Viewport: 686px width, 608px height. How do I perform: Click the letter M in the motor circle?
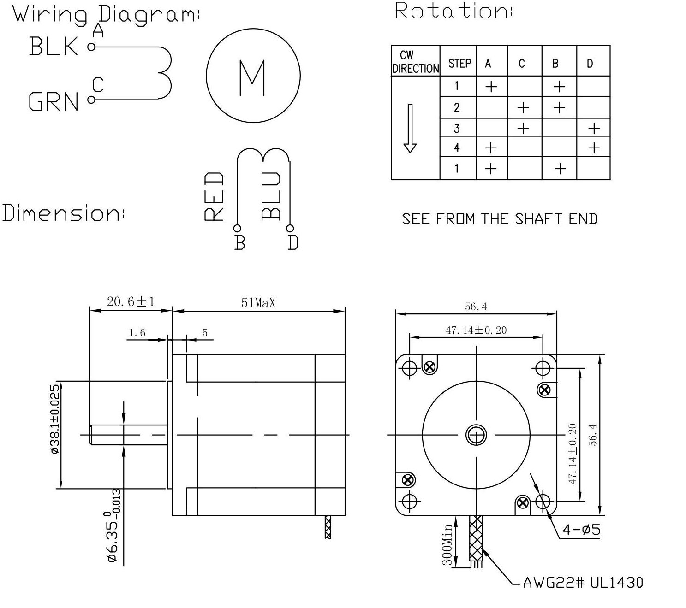252,78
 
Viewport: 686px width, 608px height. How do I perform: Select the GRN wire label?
54,101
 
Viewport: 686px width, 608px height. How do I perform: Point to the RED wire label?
214,197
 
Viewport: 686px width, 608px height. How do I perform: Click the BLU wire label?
271,196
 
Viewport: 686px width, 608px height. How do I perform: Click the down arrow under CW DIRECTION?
410,129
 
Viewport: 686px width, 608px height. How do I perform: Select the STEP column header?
459,64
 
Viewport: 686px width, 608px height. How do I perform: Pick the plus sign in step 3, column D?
594,128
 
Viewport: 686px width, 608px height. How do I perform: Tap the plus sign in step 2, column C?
523,107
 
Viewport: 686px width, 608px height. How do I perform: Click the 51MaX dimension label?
258,303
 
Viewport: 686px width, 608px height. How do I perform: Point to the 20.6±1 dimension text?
131,302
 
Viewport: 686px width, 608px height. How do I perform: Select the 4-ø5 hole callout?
581,530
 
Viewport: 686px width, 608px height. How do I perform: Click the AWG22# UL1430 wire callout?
583,583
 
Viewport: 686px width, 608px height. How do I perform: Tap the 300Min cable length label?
447,544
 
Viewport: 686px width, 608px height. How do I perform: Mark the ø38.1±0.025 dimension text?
55,419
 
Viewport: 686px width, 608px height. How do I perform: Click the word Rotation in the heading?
453,11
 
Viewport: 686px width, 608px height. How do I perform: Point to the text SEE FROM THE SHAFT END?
500,218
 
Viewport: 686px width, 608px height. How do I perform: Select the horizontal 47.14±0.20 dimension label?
476,330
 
